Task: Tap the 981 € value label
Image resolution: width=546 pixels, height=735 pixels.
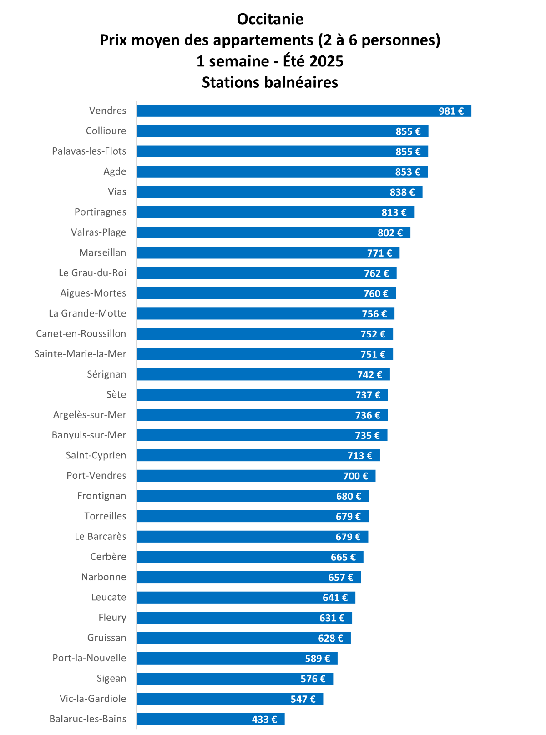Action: click(x=451, y=111)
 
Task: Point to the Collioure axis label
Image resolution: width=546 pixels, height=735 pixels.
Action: click(x=106, y=131)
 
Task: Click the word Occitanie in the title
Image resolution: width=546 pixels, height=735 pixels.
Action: click(x=270, y=19)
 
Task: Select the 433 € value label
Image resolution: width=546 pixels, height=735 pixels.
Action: click(x=264, y=719)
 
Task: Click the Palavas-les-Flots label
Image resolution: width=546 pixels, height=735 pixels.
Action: click(x=89, y=151)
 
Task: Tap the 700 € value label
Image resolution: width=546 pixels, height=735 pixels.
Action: click(x=355, y=476)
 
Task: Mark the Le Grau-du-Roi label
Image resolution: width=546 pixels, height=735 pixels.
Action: click(x=92, y=273)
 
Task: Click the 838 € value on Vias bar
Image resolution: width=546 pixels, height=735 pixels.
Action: click(x=402, y=192)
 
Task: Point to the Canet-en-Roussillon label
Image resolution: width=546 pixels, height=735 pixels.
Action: click(x=81, y=334)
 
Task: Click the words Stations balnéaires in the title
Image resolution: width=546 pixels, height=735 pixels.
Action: click(x=270, y=82)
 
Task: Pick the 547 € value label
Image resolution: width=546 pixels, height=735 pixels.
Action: click(x=303, y=699)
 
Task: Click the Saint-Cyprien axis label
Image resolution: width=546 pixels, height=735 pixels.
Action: click(x=96, y=455)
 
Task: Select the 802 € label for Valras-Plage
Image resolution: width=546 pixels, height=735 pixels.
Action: click(x=390, y=232)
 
